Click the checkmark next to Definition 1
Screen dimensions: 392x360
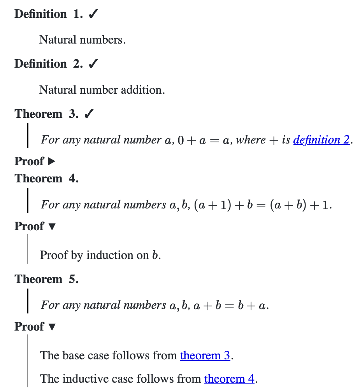(93, 14)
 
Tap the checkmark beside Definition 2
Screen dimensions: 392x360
(93, 64)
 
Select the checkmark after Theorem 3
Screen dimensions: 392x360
(88, 114)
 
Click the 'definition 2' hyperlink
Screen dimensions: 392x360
(321, 140)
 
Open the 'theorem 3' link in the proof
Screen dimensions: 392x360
(205, 355)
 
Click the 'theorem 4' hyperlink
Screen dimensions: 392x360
(229, 378)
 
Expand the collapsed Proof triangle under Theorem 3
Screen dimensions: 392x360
(51, 161)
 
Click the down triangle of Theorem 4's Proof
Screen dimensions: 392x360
(51, 226)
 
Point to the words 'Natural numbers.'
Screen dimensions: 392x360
(83, 40)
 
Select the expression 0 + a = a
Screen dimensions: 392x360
(202, 140)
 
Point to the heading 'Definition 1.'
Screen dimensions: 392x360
(40, 14)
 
